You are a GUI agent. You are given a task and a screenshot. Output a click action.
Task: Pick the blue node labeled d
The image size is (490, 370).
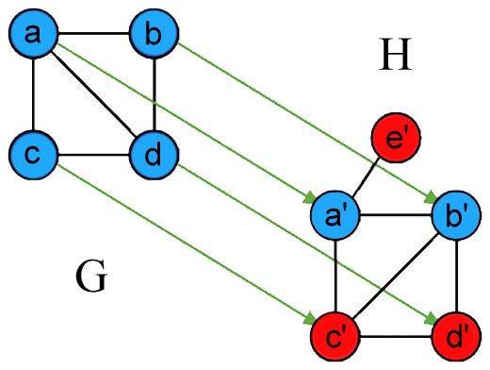pos(153,153)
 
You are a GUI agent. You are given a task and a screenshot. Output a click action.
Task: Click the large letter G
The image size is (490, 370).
pos(91,278)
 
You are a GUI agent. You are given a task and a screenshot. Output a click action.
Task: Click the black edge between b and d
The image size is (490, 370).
pos(153,94)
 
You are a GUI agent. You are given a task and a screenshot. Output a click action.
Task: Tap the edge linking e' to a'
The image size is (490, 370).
pos(366,180)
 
